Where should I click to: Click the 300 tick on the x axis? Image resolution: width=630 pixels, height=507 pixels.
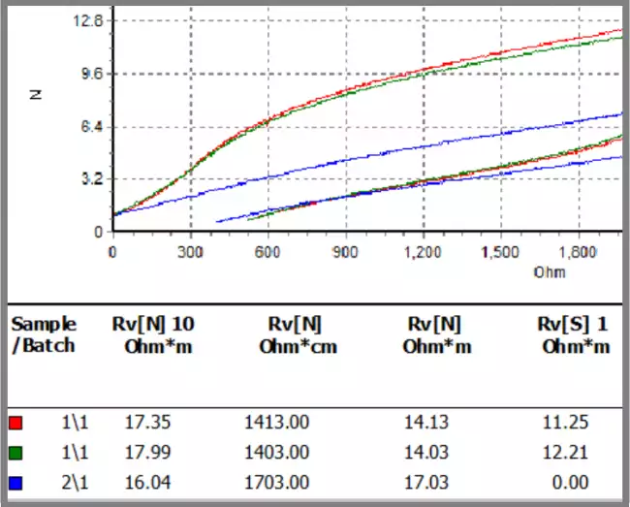(x=191, y=252)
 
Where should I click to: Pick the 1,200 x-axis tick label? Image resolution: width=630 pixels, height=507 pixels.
(x=423, y=252)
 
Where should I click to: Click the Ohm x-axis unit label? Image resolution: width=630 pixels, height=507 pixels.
(x=550, y=271)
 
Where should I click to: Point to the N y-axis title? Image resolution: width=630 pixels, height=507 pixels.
(x=36, y=95)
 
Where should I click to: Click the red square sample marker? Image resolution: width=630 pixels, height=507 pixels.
(x=15, y=423)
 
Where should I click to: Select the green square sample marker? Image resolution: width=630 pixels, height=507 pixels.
(x=15, y=453)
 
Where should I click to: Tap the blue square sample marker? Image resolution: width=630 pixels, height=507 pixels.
(x=15, y=482)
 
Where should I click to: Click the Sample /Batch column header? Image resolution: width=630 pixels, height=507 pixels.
(x=44, y=335)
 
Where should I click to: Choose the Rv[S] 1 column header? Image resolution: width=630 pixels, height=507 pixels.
(x=576, y=335)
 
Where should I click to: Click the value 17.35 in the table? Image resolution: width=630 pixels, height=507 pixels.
(x=145, y=423)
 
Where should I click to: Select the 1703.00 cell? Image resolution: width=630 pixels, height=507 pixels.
(x=276, y=482)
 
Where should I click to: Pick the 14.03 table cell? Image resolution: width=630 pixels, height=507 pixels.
(x=423, y=453)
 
